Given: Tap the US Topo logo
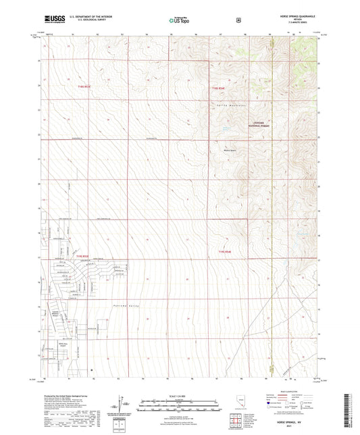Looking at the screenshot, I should (x=179, y=20).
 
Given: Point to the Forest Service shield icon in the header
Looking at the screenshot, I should (x=238, y=20).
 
